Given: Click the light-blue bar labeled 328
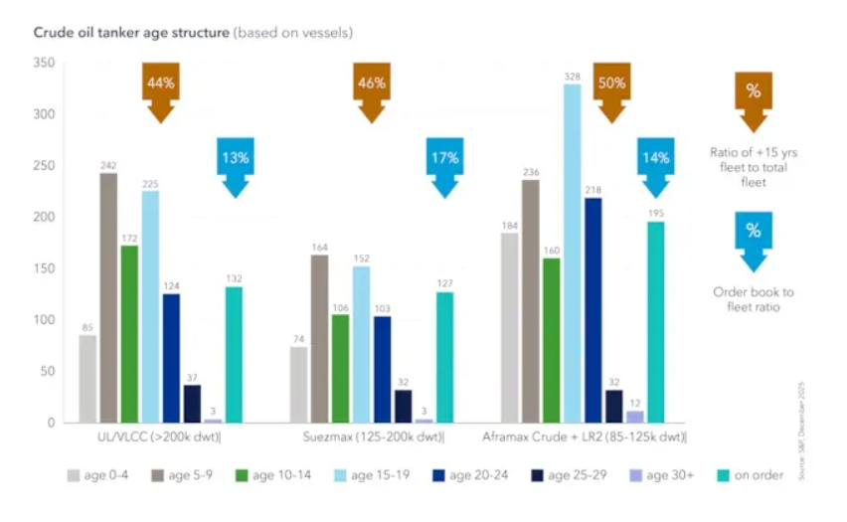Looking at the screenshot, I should click(573, 254).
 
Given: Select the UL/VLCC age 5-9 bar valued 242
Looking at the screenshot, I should click(108, 298).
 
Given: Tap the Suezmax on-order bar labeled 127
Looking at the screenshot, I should click(444, 357).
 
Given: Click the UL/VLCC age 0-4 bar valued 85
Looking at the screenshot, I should click(87, 379).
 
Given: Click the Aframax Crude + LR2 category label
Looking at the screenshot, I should click(584, 437).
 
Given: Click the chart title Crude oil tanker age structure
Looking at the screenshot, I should click(130, 33).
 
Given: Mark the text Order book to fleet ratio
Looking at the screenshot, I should click(753, 300).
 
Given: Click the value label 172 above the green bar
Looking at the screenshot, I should click(129, 239).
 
